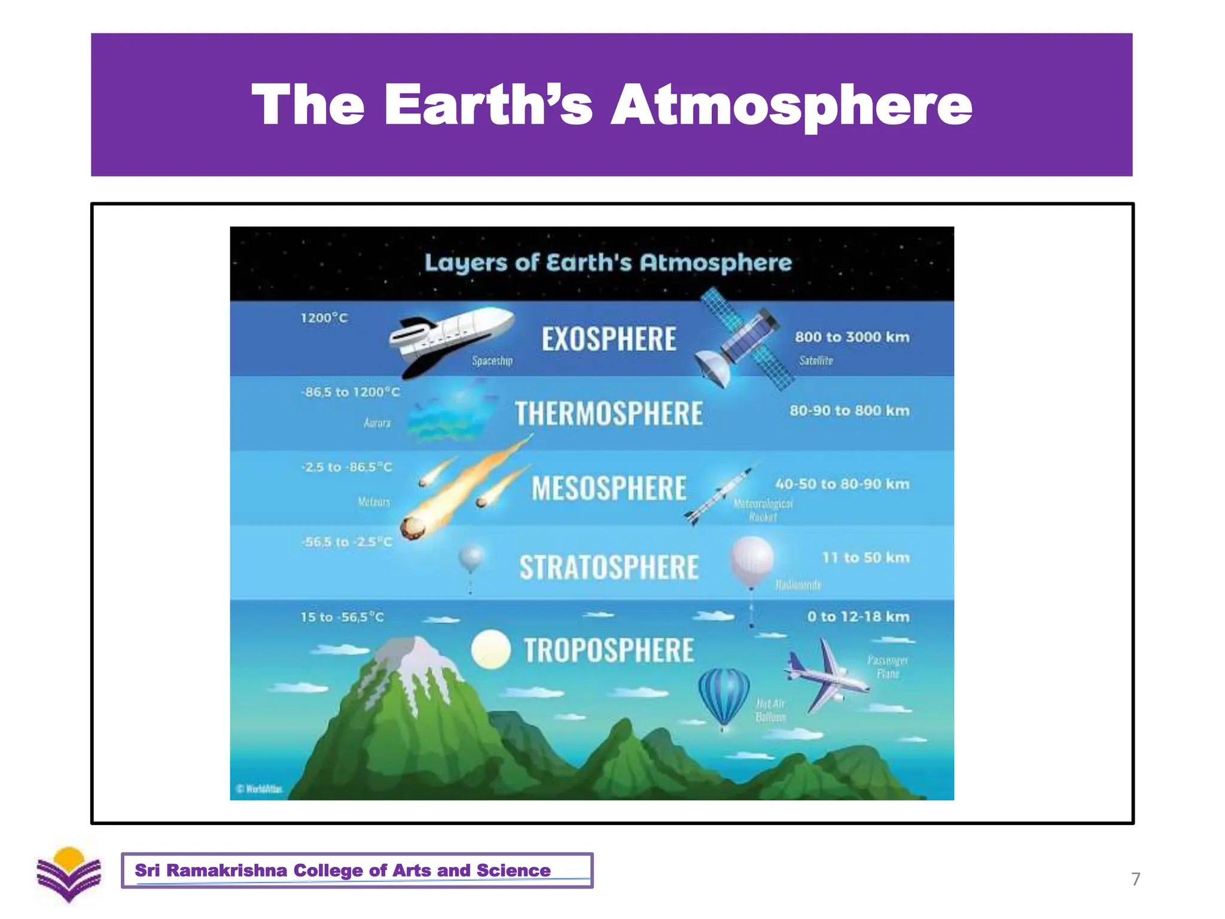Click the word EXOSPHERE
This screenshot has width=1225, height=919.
tap(609, 339)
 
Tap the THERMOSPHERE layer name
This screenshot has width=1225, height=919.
tap(609, 413)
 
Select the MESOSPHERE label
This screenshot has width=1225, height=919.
tap(609, 488)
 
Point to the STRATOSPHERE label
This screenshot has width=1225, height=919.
tap(609, 567)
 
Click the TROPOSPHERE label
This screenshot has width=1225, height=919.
tap(609, 650)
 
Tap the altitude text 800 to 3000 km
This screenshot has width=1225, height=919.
tap(852, 337)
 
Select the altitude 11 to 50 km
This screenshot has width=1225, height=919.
tap(866, 558)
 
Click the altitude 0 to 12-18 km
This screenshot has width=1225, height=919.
tap(858, 617)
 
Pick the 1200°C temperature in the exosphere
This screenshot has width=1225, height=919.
tap(324, 318)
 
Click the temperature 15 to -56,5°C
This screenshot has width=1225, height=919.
tap(342, 617)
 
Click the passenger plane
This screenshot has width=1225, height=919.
tap(828, 676)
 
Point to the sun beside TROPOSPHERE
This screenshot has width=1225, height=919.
tap(490, 649)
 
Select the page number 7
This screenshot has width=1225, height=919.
tap(1135, 879)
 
